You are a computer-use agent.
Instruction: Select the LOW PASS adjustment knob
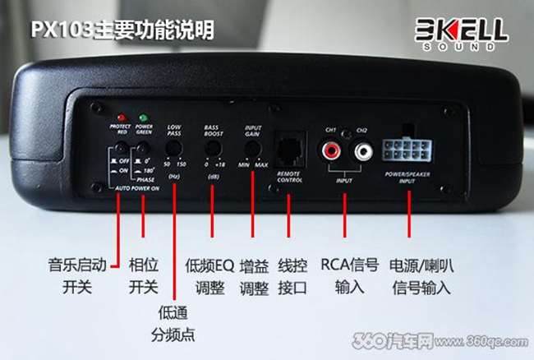[173, 147]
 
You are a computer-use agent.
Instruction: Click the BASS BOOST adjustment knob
[213, 147]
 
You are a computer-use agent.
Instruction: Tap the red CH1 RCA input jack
[332, 150]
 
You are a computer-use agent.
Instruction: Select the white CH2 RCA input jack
[362, 150]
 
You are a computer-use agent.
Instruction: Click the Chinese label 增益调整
[252, 276]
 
